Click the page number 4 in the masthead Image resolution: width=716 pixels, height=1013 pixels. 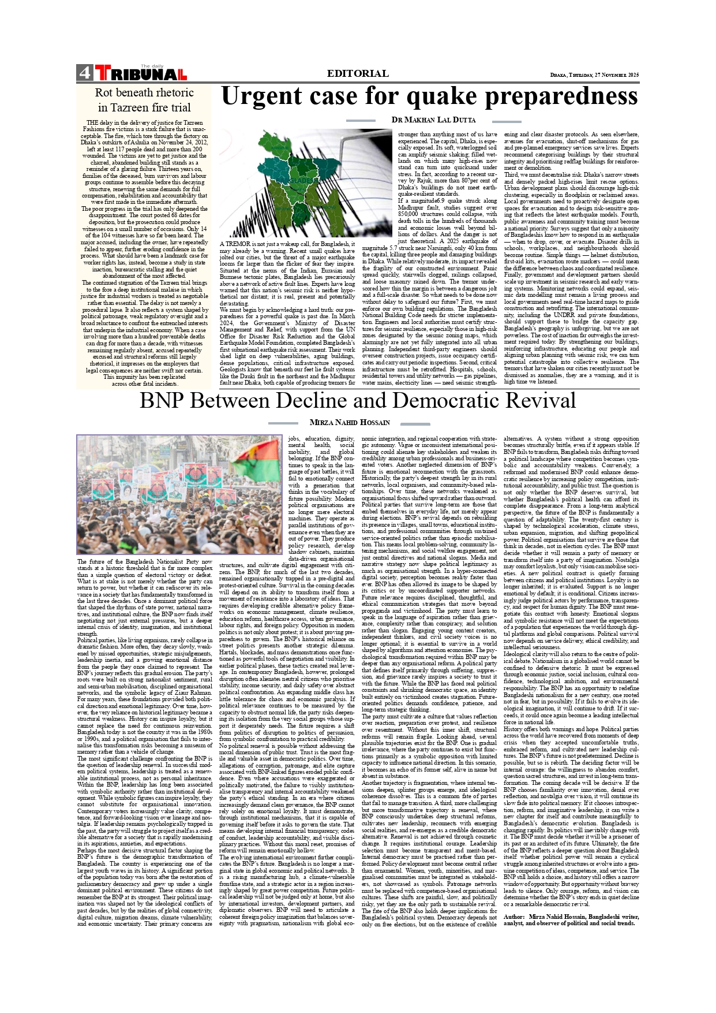click(x=84, y=73)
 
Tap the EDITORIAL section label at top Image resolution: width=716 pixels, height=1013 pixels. click(x=357, y=73)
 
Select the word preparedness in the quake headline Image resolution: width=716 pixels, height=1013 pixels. click(x=546, y=96)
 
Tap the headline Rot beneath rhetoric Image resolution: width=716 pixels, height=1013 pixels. click(x=144, y=92)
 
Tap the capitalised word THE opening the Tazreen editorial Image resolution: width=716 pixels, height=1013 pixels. click(x=91, y=123)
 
